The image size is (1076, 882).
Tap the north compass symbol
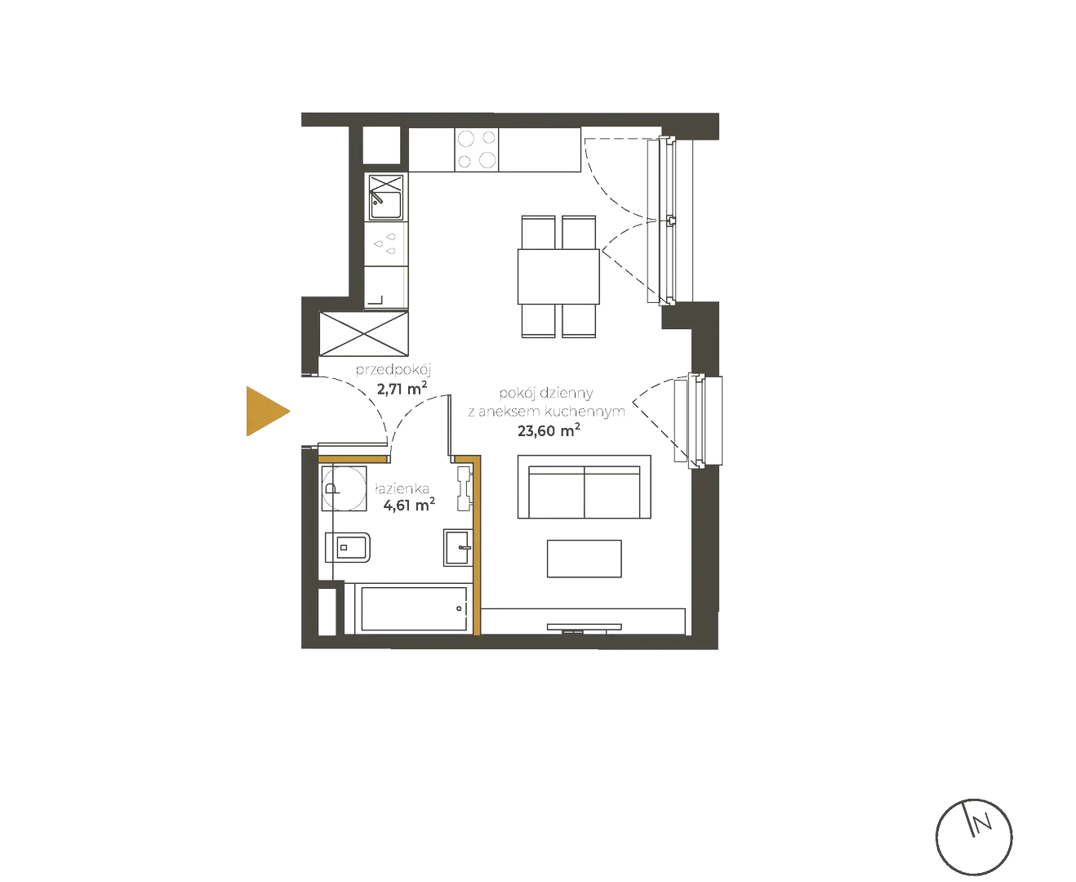973,835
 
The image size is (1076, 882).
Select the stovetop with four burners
476,149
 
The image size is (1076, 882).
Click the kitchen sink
385,197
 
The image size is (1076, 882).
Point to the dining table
558,276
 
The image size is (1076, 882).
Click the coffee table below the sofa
584,559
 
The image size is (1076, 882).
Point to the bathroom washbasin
457,546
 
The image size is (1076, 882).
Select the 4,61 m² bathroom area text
409,505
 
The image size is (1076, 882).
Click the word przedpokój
392,370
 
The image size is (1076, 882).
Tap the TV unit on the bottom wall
584,627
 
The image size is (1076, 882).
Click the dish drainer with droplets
385,242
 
